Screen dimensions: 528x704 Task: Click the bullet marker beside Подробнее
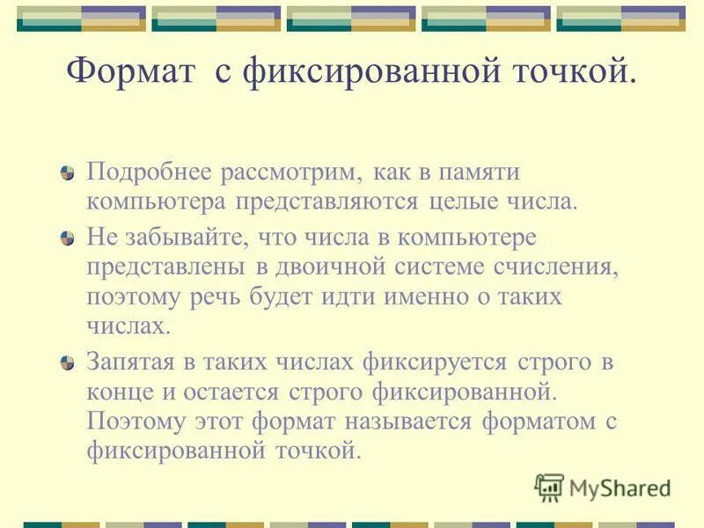[x=69, y=171]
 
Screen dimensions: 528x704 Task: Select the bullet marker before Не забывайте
[x=69, y=238]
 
